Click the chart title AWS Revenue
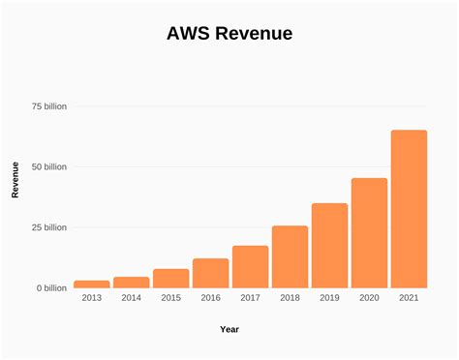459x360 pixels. [x=229, y=34]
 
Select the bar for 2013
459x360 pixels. [x=92, y=284]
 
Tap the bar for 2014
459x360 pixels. [x=131, y=282]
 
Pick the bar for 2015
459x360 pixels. [x=170, y=278]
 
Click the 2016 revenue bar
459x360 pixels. [x=210, y=273]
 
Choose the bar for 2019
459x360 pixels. [x=329, y=246]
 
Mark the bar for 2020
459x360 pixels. [x=369, y=233]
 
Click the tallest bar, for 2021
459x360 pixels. [x=409, y=209]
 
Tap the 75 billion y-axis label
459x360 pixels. [x=48, y=106]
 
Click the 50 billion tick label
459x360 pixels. [x=48, y=166]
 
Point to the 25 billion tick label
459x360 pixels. [x=48, y=227]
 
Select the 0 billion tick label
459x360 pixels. [x=51, y=288]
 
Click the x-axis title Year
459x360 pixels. [x=229, y=329]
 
